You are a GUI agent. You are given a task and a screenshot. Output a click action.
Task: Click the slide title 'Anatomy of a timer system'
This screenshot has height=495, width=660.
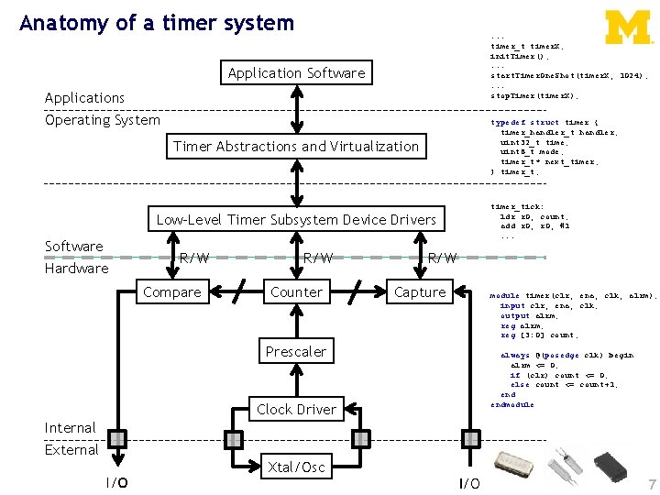[x=157, y=23]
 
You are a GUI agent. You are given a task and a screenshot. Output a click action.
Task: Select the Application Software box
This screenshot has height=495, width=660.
[x=296, y=73]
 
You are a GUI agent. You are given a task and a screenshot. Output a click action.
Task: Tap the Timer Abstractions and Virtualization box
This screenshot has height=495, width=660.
[x=296, y=147]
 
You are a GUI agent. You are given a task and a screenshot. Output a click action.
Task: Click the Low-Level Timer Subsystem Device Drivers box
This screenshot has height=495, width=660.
[x=296, y=220]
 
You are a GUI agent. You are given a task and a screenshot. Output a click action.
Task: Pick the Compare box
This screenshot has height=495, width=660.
[x=173, y=292]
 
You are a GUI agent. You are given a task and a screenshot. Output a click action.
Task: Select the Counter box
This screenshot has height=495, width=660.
[x=296, y=292]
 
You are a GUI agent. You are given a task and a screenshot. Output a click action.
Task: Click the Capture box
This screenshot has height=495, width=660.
[x=420, y=292]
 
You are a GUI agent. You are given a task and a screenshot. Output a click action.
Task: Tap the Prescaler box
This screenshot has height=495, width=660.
[x=296, y=352]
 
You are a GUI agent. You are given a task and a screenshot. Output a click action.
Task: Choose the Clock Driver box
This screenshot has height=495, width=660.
[x=296, y=410]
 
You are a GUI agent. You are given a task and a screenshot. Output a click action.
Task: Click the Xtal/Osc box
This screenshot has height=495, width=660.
[x=296, y=467]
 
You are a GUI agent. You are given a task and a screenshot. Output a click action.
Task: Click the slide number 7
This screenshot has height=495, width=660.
[x=650, y=483]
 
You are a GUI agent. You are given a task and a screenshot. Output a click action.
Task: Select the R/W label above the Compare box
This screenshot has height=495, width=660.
[x=193, y=258]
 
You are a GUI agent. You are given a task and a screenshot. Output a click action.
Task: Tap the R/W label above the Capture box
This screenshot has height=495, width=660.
[x=443, y=258]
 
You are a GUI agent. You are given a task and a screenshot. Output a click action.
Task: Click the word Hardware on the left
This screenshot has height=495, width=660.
[x=77, y=269]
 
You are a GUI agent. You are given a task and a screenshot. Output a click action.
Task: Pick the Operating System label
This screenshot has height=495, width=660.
[x=103, y=120]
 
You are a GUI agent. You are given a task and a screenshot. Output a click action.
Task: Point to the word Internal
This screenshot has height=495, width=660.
[x=71, y=428]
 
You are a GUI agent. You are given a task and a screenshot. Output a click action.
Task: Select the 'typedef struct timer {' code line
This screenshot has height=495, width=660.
[x=544, y=122]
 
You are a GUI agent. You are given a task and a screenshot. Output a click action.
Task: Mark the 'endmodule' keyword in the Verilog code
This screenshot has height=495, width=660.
[x=511, y=404]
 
